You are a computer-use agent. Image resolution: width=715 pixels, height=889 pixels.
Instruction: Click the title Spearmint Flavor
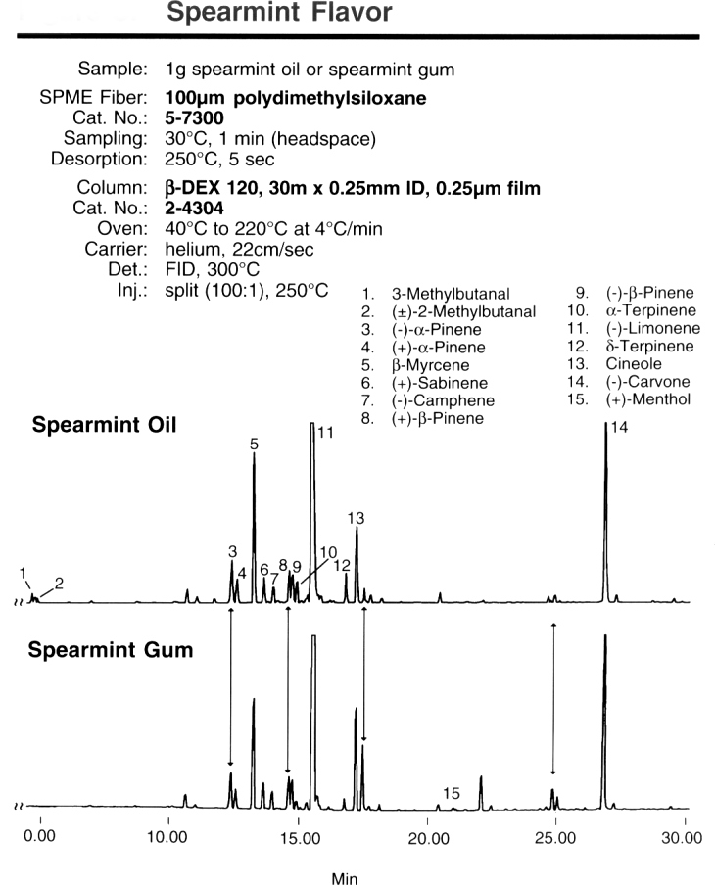point(279,12)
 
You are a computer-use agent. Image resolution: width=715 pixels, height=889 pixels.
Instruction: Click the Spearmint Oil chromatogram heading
point(105,425)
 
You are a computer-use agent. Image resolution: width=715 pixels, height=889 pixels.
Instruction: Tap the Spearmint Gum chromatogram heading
point(111,650)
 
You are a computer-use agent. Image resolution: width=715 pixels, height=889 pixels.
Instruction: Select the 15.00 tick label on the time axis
point(300,838)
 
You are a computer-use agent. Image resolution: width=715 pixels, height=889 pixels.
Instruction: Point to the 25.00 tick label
point(555,838)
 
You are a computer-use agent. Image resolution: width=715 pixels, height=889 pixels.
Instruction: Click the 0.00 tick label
point(40,836)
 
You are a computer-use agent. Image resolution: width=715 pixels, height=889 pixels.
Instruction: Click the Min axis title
point(345,879)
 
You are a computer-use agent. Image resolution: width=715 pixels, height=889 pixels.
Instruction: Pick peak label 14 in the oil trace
point(619,428)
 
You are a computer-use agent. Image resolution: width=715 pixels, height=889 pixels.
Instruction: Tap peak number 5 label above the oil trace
point(254,444)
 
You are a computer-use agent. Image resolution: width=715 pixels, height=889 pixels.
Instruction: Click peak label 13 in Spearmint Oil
point(356,518)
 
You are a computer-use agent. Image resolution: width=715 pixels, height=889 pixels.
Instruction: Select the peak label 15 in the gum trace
point(452,793)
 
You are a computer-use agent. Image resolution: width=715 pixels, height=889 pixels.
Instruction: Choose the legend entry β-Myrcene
point(430,365)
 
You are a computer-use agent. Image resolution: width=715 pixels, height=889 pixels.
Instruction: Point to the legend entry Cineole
point(634,364)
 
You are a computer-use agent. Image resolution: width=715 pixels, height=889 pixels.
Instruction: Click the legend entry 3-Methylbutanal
point(451,294)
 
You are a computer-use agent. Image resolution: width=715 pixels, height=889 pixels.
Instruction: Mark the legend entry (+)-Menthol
point(648,399)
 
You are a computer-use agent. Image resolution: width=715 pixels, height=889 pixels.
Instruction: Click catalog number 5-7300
point(195,117)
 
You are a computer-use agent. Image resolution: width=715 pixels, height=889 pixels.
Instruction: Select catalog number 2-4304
point(195,209)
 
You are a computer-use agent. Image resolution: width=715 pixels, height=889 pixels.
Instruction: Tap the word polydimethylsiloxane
point(330,98)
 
